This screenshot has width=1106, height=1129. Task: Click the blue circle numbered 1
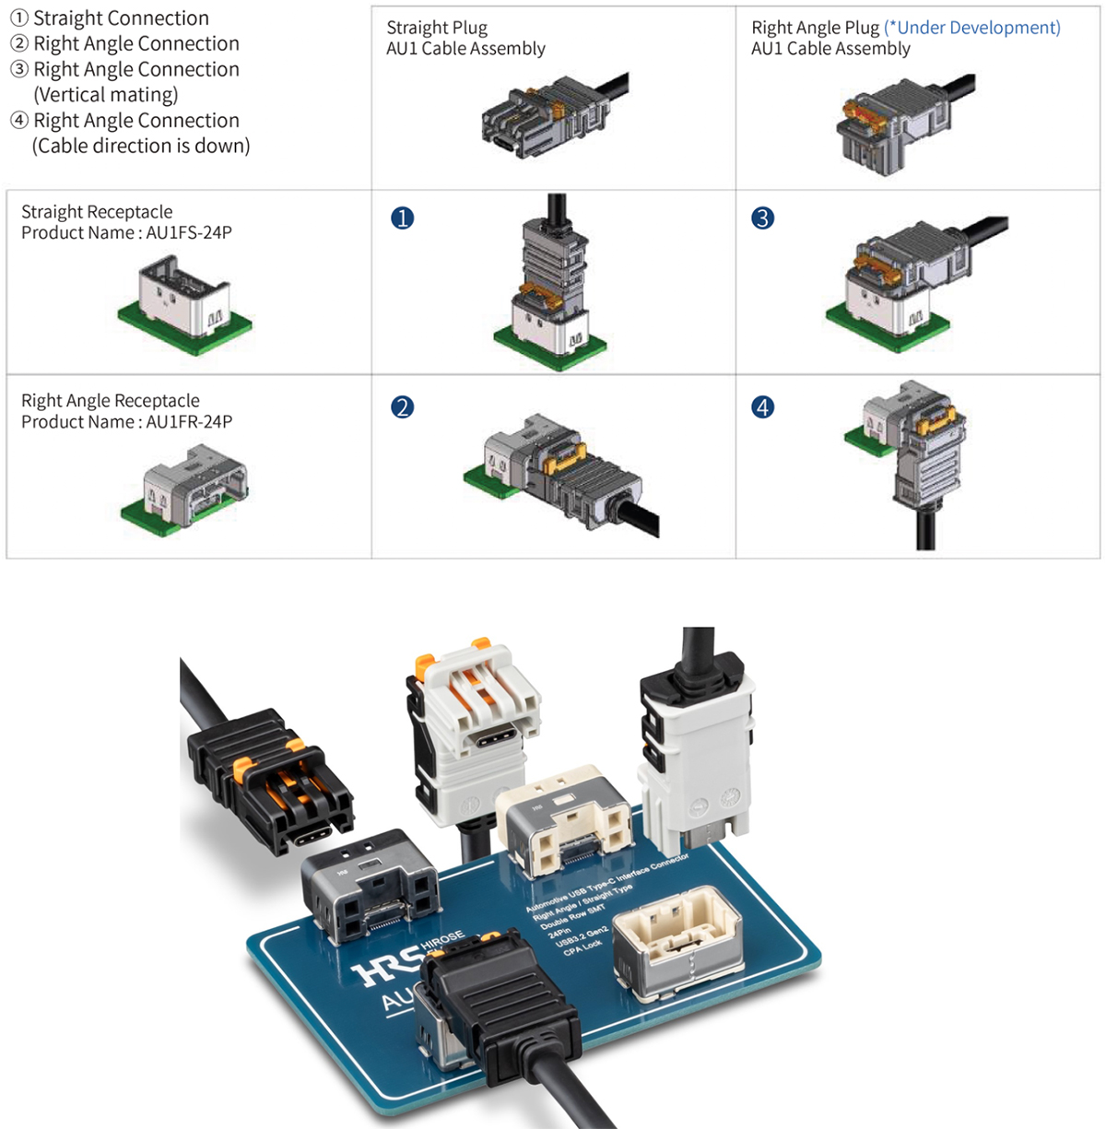coord(403,218)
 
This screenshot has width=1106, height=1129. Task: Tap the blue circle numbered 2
coord(403,407)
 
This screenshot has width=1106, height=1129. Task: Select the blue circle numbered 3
coord(762,218)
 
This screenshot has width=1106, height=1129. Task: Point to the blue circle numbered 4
coord(762,407)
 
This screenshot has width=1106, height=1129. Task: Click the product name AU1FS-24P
coord(189,233)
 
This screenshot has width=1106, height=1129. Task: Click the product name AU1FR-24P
coord(189,422)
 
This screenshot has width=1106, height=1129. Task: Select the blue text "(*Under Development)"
coord(972,28)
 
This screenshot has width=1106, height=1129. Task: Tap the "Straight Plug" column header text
coord(437,28)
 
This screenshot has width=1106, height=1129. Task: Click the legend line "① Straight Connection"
coord(110,18)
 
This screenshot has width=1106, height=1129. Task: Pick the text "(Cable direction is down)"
coord(141,146)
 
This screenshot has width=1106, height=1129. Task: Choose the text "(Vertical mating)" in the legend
coord(106,95)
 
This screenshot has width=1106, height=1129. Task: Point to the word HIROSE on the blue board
coord(443,941)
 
